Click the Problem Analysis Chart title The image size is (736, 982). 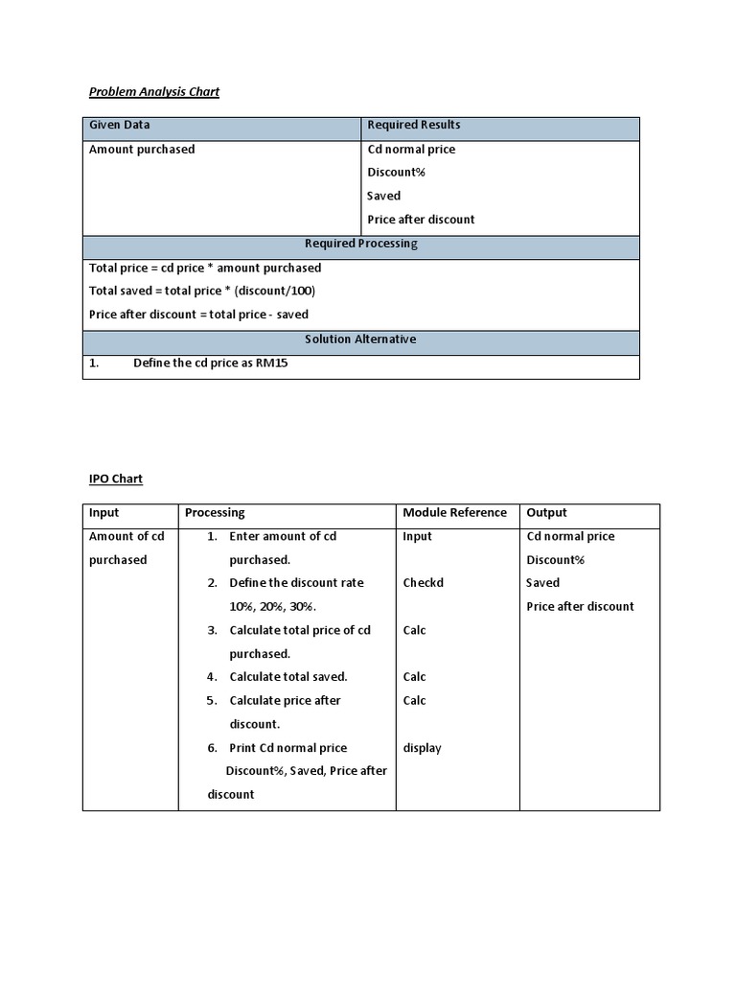point(153,92)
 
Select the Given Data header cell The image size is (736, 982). point(119,125)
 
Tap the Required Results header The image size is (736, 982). point(413,125)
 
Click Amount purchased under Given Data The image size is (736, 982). point(141,150)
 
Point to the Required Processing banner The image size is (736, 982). point(360,244)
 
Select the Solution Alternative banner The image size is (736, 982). point(360,339)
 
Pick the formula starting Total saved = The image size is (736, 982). point(201,291)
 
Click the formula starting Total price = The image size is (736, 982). point(205,268)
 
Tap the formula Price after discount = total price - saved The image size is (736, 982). point(198,315)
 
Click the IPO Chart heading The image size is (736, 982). point(115,479)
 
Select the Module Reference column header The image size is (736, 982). point(454,513)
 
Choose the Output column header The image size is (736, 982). point(546,513)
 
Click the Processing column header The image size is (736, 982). point(215,513)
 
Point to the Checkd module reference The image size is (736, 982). point(423,583)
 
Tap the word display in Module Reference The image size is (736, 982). point(422,748)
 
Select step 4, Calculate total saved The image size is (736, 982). point(287,677)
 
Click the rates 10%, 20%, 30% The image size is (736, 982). point(273,607)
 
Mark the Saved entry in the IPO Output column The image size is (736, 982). point(542,583)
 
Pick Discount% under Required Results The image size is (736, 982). point(396,173)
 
